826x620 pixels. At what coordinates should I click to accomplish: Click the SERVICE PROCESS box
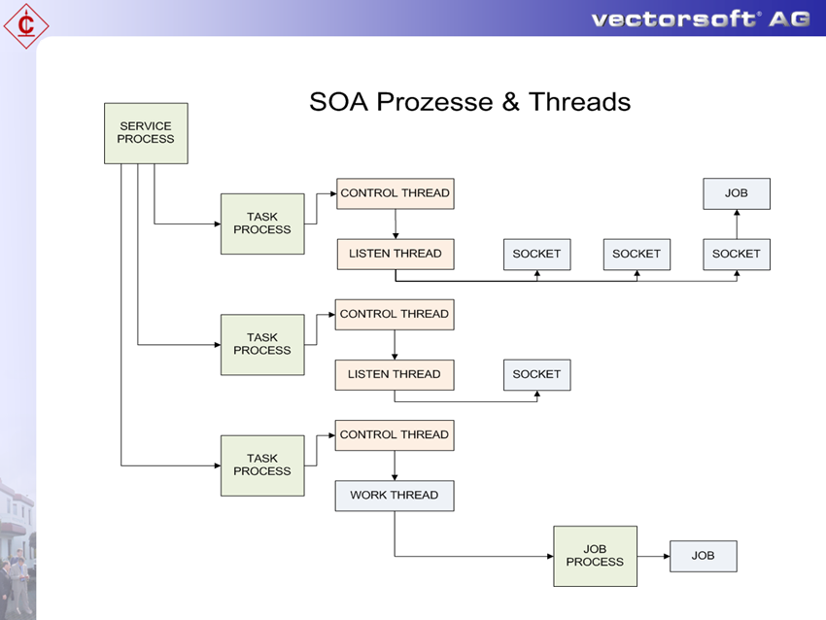click(x=146, y=133)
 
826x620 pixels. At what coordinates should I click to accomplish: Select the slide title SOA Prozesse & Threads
click(x=469, y=102)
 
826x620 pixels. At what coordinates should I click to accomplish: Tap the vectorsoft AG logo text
click(x=700, y=18)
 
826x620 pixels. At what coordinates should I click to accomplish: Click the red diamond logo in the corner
click(x=26, y=25)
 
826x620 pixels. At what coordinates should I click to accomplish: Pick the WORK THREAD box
click(x=395, y=496)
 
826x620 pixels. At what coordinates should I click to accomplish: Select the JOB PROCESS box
click(x=595, y=556)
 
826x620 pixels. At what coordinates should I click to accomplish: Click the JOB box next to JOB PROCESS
click(x=703, y=556)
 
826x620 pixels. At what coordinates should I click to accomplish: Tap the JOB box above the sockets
click(x=736, y=193)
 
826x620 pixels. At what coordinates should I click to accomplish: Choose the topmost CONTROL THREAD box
click(x=395, y=193)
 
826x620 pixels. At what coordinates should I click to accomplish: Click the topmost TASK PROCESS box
click(x=262, y=224)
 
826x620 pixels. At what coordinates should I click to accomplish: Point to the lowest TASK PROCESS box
click(x=262, y=465)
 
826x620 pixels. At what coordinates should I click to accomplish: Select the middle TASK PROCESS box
click(x=262, y=344)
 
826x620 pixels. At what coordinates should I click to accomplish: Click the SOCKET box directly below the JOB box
click(x=736, y=254)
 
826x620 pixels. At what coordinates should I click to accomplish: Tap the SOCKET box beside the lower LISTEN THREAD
click(x=536, y=374)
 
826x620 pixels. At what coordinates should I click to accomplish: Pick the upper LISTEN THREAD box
click(x=395, y=254)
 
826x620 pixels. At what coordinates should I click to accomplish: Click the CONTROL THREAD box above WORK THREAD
click(x=395, y=434)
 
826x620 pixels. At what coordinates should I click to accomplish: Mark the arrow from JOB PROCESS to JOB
click(x=653, y=556)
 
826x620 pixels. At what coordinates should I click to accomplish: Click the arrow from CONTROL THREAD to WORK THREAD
click(x=395, y=465)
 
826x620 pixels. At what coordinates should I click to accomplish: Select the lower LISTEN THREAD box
click(x=395, y=374)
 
